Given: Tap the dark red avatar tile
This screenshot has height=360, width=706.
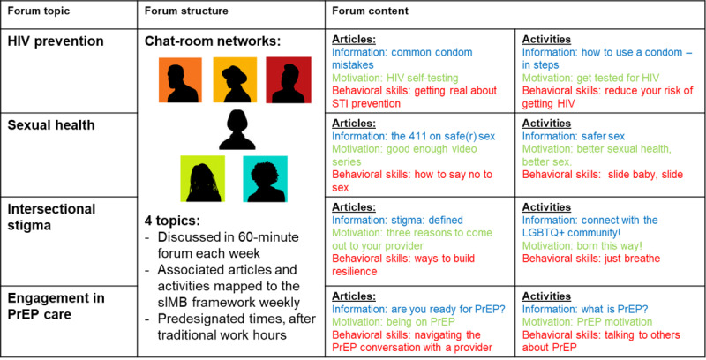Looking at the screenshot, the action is click(289, 79).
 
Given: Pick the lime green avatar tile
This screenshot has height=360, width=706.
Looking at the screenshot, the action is click(203, 177).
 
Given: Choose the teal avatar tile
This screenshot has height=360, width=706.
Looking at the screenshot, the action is click(266, 177).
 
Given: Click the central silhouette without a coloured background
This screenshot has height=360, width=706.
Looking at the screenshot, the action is click(237, 129).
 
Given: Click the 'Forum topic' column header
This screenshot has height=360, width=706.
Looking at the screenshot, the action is click(40, 11).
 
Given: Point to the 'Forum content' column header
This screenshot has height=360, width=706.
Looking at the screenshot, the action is click(371, 11).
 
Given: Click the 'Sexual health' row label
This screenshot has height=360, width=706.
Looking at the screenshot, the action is click(52, 124).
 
